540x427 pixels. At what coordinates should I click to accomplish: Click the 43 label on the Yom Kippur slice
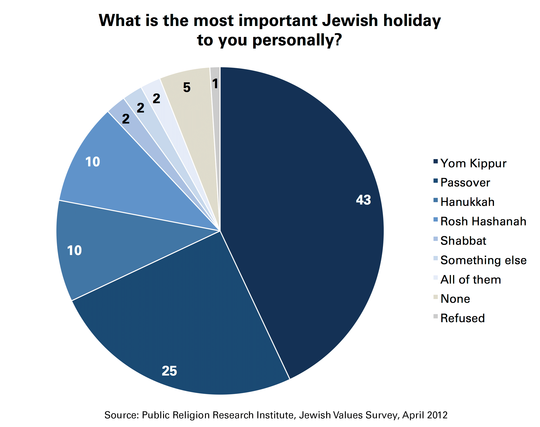[x=363, y=200]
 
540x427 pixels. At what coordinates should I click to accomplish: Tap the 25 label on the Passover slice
[x=169, y=371]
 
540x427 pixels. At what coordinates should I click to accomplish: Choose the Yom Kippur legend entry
[x=473, y=163]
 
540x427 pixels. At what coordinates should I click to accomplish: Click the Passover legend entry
[x=465, y=182]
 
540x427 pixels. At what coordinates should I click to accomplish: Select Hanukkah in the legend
[x=467, y=202]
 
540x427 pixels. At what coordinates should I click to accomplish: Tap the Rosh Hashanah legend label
[x=483, y=221]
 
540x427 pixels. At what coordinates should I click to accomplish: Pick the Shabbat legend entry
[x=463, y=241]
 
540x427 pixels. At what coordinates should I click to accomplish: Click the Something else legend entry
[x=483, y=260]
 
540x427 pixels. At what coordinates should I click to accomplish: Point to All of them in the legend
[x=471, y=280]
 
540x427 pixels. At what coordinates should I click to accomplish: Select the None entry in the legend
[x=455, y=299]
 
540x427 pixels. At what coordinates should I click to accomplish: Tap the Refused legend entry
[x=463, y=318]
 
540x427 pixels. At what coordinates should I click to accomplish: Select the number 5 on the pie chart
[x=187, y=87]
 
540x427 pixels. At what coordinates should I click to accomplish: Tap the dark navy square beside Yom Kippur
[x=435, y=161]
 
